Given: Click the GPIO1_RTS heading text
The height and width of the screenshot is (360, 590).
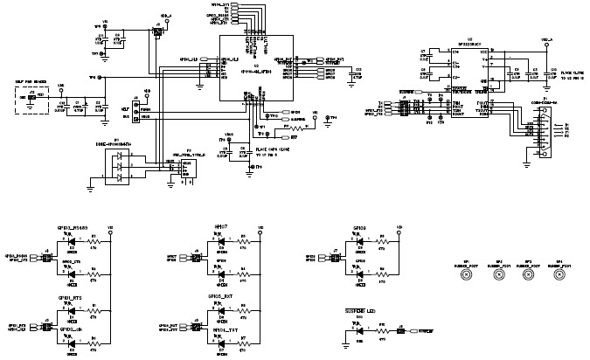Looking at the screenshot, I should tap(70, 299).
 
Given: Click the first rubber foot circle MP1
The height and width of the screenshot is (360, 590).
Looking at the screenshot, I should tap(467, 273).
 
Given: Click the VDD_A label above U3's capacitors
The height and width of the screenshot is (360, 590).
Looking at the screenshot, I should tap(547, 39).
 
